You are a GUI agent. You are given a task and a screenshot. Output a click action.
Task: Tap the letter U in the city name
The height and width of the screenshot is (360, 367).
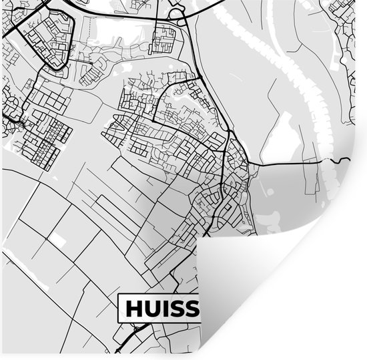pos(151,309)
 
